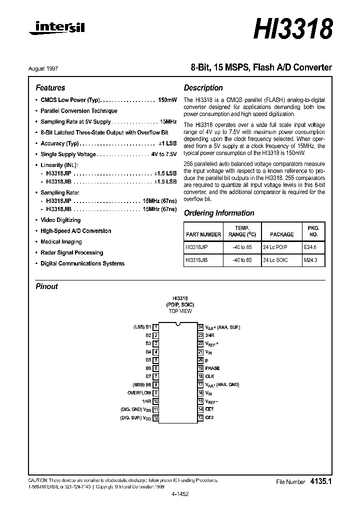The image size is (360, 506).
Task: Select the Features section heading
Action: [x=50, y=87]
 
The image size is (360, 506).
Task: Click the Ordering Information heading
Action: [x=219, y=213]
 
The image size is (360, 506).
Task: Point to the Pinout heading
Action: [x=46, y=286]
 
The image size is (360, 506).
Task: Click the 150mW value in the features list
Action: [x=167, y=100]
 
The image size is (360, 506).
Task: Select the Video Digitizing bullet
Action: [x=60, y=220]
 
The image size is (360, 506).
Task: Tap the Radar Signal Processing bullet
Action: [x=71, y=252]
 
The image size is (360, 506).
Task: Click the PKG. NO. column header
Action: [x=313, y=230]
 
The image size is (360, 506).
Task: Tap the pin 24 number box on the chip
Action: [x=200, y=327]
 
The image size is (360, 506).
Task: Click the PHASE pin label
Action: [x=212, y=368]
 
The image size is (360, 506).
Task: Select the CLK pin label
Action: [x=209, y=376]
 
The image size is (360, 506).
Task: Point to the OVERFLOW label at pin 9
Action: [x=139, y=392]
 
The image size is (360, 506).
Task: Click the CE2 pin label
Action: [x=209, y=417]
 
